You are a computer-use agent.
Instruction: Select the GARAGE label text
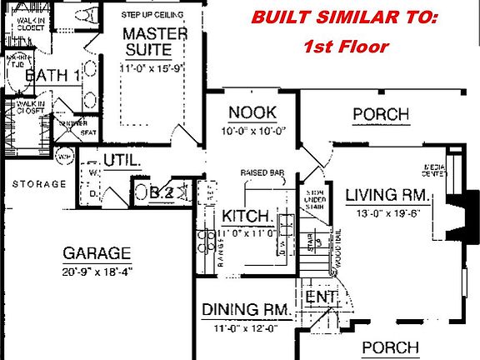pyautogui.click(x=97, y=252)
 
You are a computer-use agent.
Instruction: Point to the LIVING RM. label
pyautogui.click(x=387, y=195)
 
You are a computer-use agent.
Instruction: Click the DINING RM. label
pyautogui.click(x=246, y=310)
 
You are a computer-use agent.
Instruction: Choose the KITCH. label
pyautogui.click(x=247, y=217)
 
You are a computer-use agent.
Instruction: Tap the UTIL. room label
pyautogui.click(x=119, y=160)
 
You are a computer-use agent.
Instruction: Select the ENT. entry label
pyautogui.click(x=320, y=297)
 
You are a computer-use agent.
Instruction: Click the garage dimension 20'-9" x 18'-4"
pyautogui.click(x=97, y=271)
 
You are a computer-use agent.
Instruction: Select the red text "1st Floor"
pyautogui.click(x=344, y=47)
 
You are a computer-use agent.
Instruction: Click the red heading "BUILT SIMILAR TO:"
pyautogui.click(x=344, y=17)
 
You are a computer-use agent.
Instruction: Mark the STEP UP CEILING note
pyautogui.click(x=152, y=15)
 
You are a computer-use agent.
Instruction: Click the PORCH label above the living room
pyautogui.click(x=380, y=113)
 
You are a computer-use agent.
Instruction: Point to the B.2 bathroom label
pyautogui.click(x=162, y=193)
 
